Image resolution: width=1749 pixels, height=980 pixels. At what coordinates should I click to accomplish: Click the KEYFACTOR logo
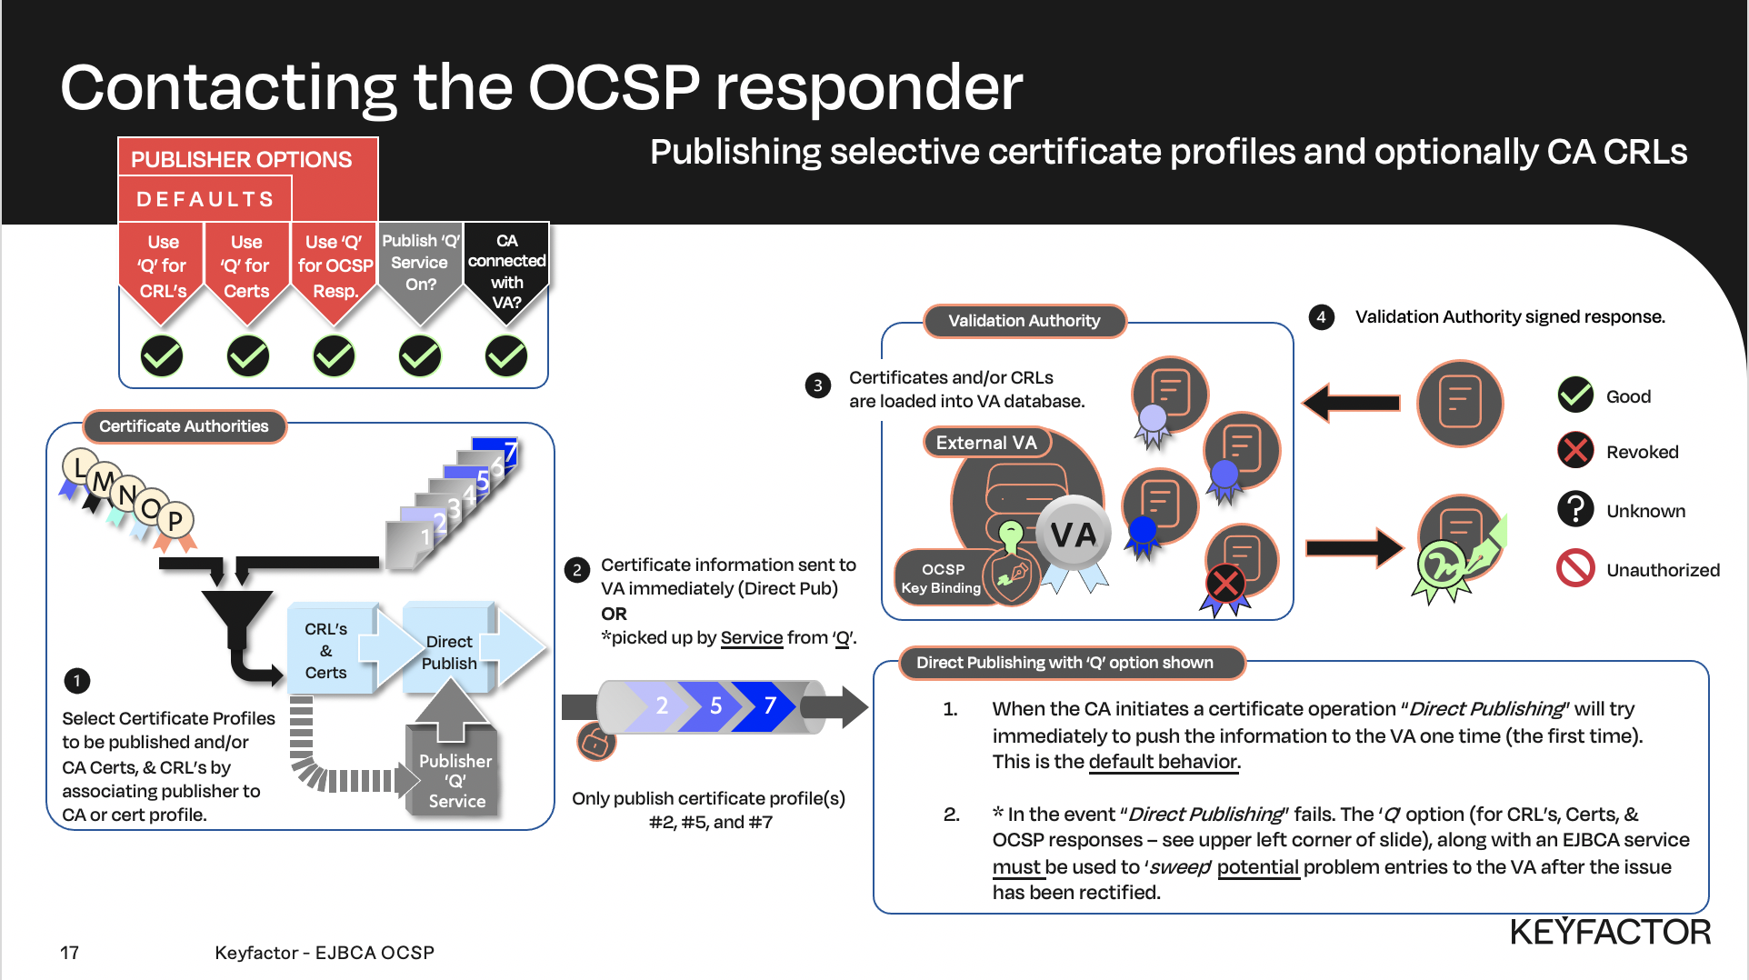1610,932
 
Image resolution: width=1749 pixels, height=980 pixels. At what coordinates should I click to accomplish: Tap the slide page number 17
69,953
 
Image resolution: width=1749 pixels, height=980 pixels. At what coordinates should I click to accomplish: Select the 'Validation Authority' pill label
1024,321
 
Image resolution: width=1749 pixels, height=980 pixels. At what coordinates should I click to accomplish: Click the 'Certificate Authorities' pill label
184,426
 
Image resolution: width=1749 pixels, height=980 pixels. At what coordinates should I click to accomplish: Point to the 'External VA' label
986,443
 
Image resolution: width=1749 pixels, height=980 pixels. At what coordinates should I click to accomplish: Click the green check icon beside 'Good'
1575,395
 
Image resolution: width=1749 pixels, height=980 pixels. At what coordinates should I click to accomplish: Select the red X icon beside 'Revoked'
1575,451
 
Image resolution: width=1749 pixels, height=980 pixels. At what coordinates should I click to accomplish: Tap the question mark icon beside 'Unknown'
1575,509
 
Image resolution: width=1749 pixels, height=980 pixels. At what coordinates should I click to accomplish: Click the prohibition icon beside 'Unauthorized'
1575,568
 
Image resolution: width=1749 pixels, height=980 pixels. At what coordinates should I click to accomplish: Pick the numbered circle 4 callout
1321,317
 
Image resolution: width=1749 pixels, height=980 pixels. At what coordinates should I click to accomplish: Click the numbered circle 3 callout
817,386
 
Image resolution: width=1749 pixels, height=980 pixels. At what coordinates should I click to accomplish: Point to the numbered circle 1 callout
77,681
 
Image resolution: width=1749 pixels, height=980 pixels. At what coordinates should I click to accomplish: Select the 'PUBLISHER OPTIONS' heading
241,160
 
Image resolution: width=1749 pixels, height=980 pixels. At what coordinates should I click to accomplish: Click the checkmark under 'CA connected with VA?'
506,356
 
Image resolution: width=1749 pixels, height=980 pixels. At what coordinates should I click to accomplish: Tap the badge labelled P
175,521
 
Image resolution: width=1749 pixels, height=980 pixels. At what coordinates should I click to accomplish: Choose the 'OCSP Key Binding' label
942,578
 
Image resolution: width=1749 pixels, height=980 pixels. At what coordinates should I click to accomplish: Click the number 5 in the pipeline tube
716,705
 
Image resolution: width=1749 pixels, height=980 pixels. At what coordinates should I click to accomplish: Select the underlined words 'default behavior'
1163,762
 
